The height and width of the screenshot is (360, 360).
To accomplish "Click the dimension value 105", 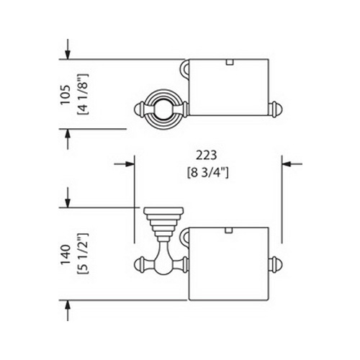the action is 66,94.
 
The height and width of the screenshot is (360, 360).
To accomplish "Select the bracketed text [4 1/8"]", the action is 83,94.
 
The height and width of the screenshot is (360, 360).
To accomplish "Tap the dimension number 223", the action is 207,156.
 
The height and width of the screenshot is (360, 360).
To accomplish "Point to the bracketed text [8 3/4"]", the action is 208,173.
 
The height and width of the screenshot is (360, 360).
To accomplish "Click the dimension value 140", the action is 66,255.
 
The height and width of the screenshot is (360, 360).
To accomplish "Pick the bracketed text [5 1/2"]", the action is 83,253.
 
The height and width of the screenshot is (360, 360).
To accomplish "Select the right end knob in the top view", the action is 275,110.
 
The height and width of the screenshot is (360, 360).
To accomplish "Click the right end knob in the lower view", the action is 275,265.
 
